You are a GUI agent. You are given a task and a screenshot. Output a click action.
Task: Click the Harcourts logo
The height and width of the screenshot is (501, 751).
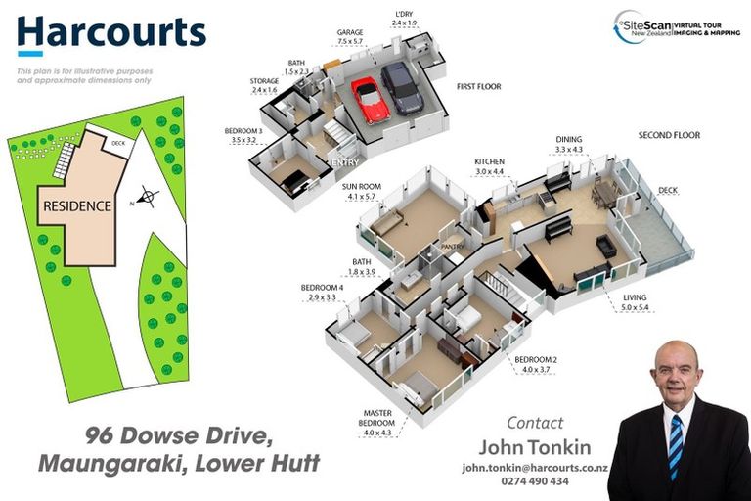pyautogui.click(x=111, y=35)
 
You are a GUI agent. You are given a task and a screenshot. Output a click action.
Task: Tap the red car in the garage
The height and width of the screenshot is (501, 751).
pyautogui.click(x=370, y=99)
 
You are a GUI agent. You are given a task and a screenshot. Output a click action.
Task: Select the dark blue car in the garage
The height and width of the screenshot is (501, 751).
pyautogui.click(x=402, y=88)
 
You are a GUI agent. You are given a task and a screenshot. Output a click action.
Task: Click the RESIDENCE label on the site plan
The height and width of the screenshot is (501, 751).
pyautogui.click(x=75, y=206)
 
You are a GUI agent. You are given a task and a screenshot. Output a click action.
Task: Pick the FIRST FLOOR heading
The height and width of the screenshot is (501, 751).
pyautogui.click(x=478, y=87)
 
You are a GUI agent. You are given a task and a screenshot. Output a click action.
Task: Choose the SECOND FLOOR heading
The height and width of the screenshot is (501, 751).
pyautogui.click(x=670, y=134)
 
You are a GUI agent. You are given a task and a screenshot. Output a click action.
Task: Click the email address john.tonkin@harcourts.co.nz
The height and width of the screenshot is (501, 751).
pyautogui.click(x=535, y=468)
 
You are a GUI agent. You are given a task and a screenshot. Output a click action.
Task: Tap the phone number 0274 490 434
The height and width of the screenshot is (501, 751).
pyautogui.click(x=535, y=482)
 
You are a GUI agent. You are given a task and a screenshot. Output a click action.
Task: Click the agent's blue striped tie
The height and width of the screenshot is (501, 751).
pyautogui.click(x=675, y=446)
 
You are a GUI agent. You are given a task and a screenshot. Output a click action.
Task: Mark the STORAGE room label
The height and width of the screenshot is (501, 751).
pyautogui.click(x=265, y=81)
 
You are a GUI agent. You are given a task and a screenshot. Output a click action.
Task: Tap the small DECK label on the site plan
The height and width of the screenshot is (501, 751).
pyautogui.click(x=118, y=144)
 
